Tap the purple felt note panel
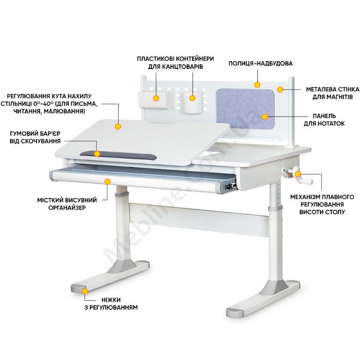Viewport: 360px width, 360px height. [245, 109]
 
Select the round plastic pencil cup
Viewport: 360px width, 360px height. [193, 103]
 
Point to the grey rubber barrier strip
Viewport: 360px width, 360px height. [118, 155]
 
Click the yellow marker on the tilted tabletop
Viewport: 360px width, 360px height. [118, 126]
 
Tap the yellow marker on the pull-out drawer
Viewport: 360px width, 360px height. [107, 182]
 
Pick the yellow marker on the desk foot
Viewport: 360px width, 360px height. [85, 291]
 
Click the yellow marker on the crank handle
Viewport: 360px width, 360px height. [298, 174]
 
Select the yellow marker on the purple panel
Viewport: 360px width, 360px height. [265, 117]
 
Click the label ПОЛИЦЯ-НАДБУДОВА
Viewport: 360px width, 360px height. [261, 63]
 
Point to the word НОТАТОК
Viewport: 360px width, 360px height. [330, 123]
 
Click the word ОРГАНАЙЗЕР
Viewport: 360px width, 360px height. [67, 208]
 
